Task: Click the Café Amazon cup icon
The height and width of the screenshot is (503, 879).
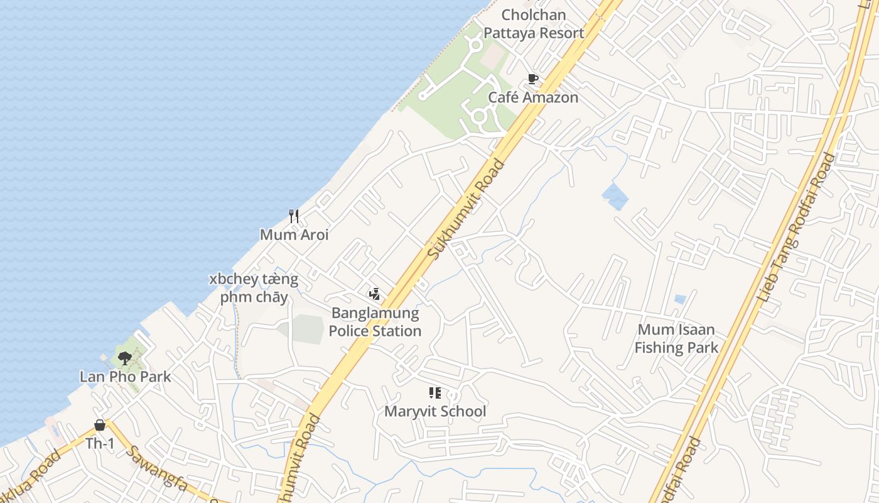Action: (x=533, y=79)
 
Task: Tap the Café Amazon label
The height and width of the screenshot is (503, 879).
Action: (x=533, y=97)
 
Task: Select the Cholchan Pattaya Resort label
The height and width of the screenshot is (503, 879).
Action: (x=534, y=24)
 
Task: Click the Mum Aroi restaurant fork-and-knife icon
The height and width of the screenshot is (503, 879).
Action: (x=293, y=216)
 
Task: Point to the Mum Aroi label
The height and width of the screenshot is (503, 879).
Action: (x=294, y=235)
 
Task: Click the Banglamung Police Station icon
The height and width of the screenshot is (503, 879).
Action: (x=375, y=294)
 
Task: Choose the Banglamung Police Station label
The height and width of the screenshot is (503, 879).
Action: (x=375, y=322)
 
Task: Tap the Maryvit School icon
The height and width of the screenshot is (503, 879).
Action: (x=434, y=394)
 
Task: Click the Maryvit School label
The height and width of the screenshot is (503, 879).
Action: (x=435, y=412)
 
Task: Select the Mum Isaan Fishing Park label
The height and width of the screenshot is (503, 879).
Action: (x=676, y=338)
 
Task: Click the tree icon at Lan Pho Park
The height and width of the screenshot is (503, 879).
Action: (x=125, y=358)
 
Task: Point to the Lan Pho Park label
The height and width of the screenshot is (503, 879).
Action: (x=125, y=377)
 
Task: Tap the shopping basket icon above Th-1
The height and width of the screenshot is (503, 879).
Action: (x=100, y=425)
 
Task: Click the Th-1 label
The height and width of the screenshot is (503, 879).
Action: (x=100, y=443)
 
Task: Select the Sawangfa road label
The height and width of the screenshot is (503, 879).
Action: (x=158, y=468)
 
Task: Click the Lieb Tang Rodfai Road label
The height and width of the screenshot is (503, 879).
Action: (x=797, y=226)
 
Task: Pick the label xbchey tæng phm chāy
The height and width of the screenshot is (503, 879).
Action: (x=254, y=288)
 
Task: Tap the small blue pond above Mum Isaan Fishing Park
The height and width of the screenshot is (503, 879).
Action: (x=679, y=299)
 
